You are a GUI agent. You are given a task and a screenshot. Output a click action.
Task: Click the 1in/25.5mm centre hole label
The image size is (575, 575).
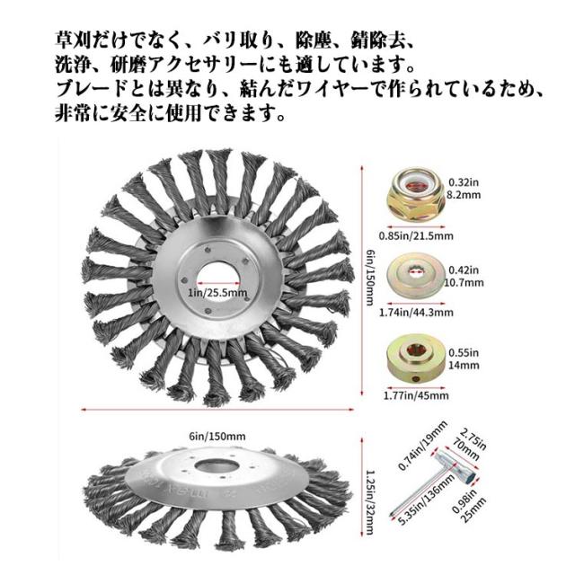click(217, 293)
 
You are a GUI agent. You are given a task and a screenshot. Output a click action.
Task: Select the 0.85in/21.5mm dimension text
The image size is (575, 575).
click(416, 235)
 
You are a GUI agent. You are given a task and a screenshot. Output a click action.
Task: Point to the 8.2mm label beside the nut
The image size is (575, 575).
click(464, 195)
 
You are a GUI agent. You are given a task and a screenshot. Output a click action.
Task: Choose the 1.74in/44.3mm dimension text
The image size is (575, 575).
click(416, 313)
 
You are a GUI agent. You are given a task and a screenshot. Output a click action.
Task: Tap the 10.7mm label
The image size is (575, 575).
click(464, 283)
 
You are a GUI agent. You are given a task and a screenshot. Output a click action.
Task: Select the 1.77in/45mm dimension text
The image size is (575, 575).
click(416, 395)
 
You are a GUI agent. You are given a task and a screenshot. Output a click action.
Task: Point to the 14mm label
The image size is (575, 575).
click(464, 366)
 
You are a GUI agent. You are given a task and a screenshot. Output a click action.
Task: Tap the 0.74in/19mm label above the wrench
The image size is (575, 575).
click(422, 446)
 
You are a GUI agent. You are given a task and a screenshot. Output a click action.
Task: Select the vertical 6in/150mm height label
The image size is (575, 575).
click(370, 278)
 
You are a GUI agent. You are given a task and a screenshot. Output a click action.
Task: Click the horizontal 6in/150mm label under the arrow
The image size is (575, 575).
click(217, 437)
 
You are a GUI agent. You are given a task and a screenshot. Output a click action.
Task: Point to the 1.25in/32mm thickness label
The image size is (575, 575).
click(370, 502)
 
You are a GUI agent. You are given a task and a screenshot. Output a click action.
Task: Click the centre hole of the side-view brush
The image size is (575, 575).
click(214, 466)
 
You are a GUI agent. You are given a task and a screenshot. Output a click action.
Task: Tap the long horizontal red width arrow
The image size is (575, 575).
click(217, 410)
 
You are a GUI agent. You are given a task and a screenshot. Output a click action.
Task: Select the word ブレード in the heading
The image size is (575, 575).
click(92, 89)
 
